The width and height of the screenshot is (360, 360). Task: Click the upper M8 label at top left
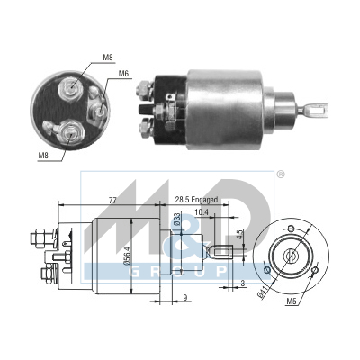[x=108, y=58]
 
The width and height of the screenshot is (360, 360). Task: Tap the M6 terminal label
[x=123, y=74]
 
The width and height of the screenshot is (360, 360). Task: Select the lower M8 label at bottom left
[x=43, y=156]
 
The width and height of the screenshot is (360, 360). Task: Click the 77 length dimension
[x=112, y=201]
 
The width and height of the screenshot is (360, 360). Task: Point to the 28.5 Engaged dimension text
[x=196, y=200]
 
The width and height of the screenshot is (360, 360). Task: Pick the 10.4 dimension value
[x=202, y=212]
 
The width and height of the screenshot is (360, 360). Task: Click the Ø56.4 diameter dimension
[x=127, y=255]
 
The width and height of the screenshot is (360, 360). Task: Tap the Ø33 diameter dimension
[x=177, y=219]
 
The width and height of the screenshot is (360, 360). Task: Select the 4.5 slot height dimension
[x=239, y=235]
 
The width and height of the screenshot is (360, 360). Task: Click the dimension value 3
[x=243, y=283]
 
